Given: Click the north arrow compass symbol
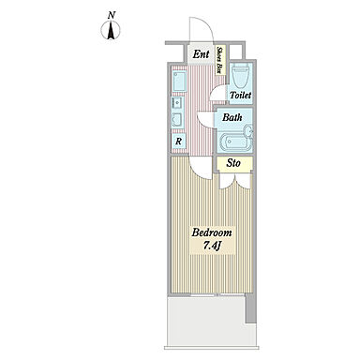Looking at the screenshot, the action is click(111, 31).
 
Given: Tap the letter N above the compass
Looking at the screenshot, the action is click(112, 15).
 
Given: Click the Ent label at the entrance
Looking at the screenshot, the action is click(201, 54).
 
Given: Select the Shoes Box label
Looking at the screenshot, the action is click(219, 60).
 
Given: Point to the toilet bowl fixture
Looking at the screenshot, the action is click(241, 76).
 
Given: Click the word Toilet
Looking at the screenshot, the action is click(240, 95).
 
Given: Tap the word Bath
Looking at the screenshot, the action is click(232, 117).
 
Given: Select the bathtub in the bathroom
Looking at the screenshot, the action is click(233, 142).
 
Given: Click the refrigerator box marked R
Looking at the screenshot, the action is click(178, 142).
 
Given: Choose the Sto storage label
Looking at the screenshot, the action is click(233, 163).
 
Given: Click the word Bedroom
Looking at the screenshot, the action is click(212, 232).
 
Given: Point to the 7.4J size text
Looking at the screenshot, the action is click(213, 246).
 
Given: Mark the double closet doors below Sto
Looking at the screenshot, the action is click(235, 181).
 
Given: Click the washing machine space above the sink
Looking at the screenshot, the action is click(179, 82).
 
